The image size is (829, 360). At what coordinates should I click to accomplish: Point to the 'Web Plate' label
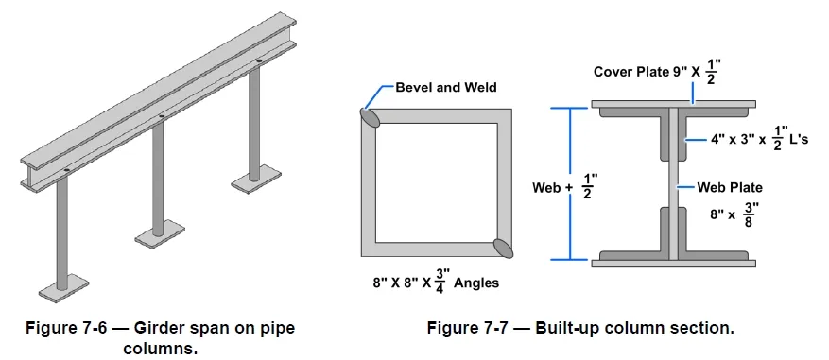click(x=728, y=187)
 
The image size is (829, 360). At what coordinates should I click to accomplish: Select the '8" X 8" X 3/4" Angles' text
click(x=435, y=281)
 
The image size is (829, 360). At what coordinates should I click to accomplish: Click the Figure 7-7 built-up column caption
click(x=580, y=328)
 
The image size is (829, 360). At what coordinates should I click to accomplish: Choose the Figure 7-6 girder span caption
click(x=159, y=337)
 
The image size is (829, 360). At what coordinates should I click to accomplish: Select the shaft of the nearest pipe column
click(x=62, y=231)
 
